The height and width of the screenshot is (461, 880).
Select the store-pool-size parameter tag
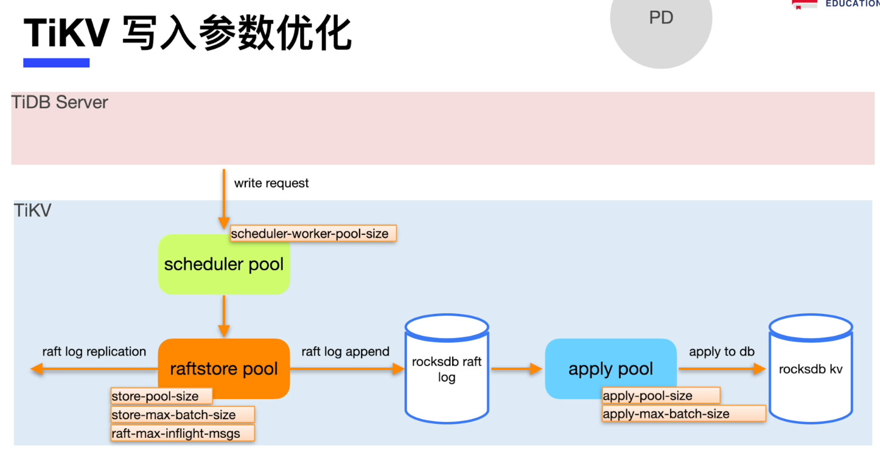click(161, 397)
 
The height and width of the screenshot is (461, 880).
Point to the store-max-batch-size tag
click(182, 415)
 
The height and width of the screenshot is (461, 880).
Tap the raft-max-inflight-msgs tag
click(182, 434)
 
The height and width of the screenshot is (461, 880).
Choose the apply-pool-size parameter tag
click(660, 396)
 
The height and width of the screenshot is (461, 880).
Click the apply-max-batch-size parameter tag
click(683, 414)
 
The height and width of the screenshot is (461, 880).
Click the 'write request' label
click(271, 183)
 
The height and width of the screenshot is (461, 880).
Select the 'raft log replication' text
click(94, 352)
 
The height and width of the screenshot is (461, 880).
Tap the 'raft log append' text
click(345, 352)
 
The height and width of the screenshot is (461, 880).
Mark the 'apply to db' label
click(722, 352)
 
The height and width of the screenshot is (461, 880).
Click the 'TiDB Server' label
click(60, 102)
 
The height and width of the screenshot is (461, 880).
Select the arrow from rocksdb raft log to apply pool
click(516, 369)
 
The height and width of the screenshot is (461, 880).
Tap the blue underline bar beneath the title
click(56, 63)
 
